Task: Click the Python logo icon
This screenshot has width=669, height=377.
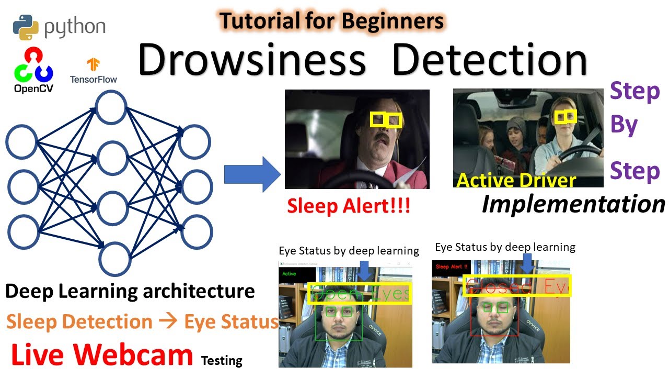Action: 27,27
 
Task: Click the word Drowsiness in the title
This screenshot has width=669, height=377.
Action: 252,60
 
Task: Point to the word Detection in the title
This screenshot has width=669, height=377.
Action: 490,60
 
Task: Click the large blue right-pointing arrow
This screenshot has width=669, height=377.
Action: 253,174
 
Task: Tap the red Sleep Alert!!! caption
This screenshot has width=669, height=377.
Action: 349,206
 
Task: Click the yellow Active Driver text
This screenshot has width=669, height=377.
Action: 516,181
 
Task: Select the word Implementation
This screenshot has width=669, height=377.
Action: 573,204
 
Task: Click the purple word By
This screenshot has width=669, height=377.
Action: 624,126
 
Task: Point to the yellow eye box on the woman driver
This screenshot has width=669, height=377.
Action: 566,117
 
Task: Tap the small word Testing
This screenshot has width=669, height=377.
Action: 222,360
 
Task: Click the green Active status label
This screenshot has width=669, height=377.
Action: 289,274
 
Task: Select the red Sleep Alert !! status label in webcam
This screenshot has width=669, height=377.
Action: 452,267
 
